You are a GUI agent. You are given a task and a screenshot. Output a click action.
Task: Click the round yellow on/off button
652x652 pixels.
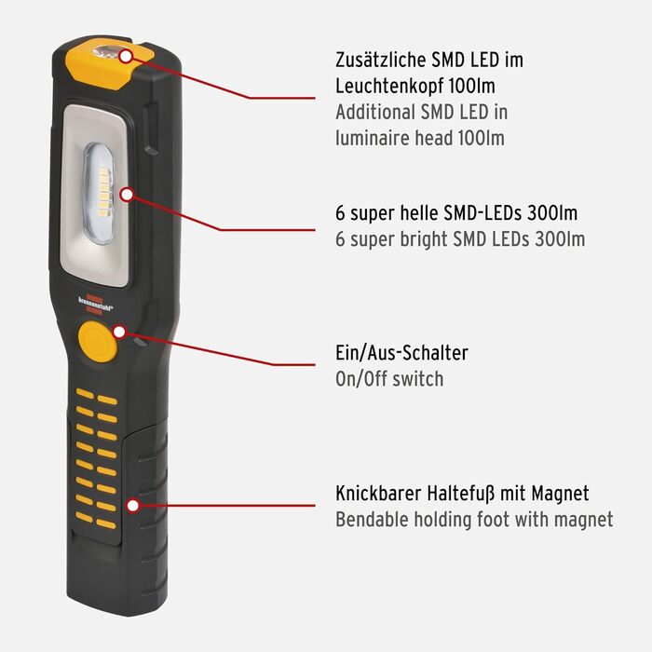click(x=97, y=341)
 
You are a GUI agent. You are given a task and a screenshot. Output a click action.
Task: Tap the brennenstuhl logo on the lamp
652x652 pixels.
click(x=95, y=304)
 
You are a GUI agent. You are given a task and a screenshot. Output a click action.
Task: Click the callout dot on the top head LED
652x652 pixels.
click(x=125, y=56)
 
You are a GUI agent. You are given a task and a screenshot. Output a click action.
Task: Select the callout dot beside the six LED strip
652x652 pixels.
click(x=127, y=194)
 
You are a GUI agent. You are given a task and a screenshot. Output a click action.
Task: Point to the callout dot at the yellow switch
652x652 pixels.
click(x=119, y=332)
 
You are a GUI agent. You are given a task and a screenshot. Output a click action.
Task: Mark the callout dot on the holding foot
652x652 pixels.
click(x=132, y=506)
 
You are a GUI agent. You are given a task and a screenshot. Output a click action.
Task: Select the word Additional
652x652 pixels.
click(x=375, y=112)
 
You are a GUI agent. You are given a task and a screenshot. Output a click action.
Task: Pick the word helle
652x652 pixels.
click(x=419, y=213)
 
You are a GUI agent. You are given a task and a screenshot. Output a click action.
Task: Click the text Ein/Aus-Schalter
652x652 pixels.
click(x=401, y=353)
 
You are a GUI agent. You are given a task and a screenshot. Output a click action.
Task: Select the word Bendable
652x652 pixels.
click(x=372, y=520)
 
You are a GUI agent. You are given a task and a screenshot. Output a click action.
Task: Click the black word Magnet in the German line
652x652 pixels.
click(x=560, y=493)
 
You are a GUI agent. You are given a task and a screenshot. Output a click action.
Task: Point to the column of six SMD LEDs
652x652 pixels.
click(x=104, y=191)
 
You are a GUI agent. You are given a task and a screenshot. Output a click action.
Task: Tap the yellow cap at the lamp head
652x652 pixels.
click(x=109, y=62)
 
